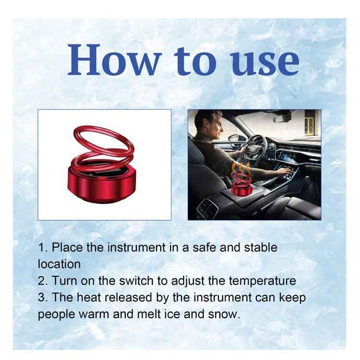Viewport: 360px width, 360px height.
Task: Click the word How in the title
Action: (x=114, y=60)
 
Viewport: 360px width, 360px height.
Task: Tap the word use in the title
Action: (x=265, y=63)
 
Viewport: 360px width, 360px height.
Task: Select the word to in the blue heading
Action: (x=195, y=61)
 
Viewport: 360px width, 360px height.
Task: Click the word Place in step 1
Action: (x=67, y=248)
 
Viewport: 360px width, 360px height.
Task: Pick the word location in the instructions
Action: (x=59, y=264)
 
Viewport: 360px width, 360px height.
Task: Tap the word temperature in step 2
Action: (x=263, y=281)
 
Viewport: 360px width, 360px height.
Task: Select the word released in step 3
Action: (x=128, y=297)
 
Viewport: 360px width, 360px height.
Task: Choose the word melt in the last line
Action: (x=149, y=314)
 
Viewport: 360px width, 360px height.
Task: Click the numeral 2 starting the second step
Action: (x=41, y=281)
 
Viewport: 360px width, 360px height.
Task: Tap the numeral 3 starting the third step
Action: (x=41, y=298)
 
